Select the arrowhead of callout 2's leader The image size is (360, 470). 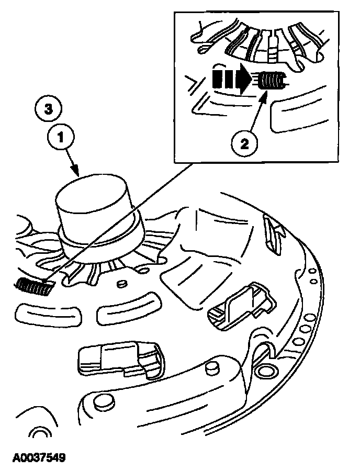[x=268, y=93]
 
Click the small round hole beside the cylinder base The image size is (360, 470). [x=122, y=283]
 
